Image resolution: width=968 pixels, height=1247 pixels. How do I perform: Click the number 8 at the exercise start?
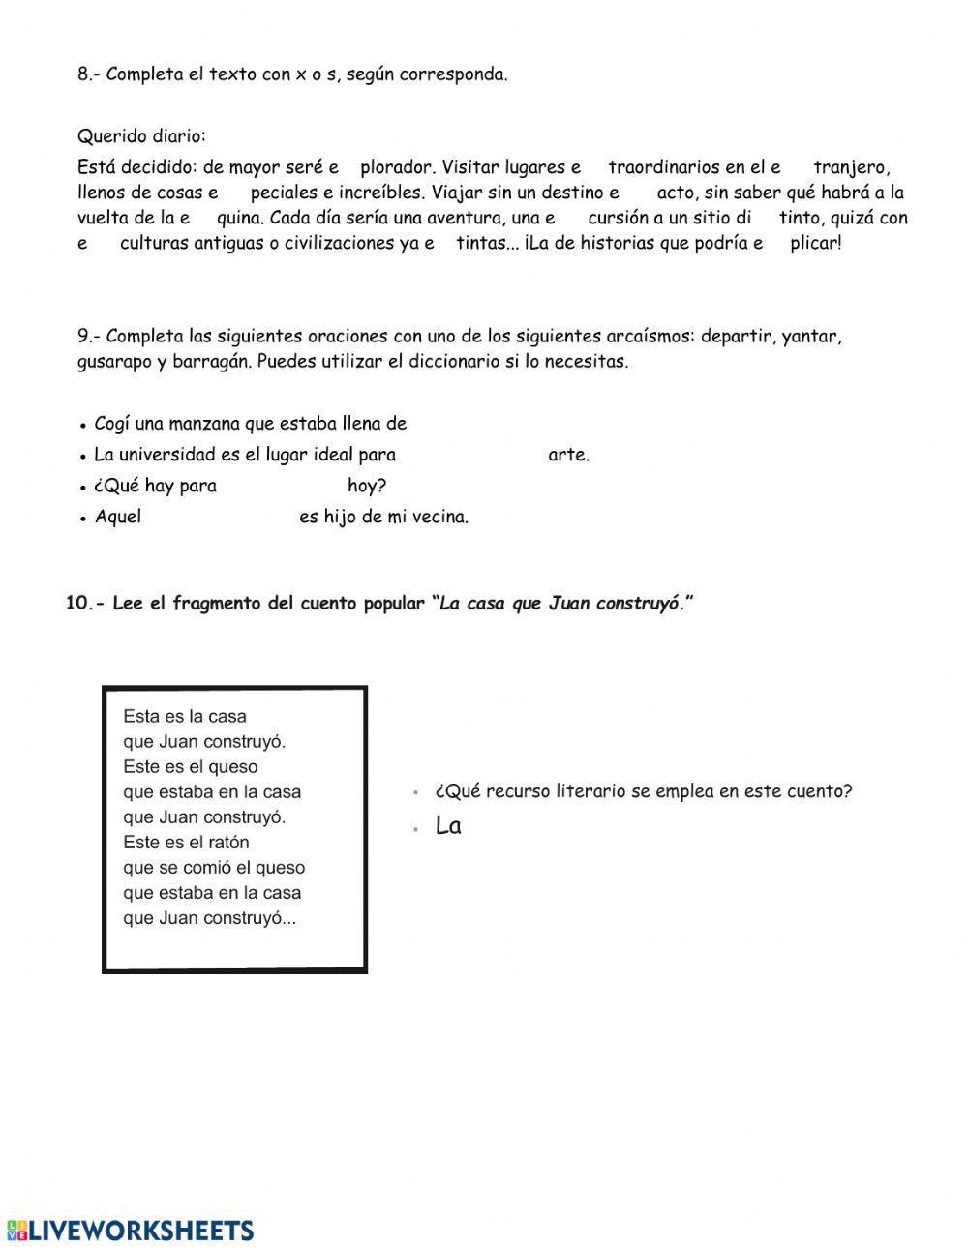coord(83,74)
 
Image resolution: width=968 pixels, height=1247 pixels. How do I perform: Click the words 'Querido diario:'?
coord(141,135)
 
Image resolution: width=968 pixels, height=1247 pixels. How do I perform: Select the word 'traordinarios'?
coord(664,167)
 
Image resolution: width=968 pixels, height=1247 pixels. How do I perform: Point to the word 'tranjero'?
coord(850,167)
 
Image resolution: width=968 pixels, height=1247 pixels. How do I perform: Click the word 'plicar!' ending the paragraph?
coord(815,243)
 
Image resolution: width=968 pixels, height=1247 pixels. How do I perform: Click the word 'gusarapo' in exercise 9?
coord(114,362)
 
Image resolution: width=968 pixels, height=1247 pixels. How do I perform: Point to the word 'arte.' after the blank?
coord(568,455)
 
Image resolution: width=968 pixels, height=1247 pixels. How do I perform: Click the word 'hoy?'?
coord(367,486)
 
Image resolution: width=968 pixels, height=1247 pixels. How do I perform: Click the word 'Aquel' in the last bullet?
coord(118,517)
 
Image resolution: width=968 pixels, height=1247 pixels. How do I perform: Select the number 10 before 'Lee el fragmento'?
coord(76,604)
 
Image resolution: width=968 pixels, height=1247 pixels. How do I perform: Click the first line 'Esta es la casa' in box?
coord(185,717)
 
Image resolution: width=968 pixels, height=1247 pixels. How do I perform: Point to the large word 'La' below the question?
coord(448,826)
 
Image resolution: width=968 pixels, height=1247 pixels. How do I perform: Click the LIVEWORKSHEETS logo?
coord(131,1230)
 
